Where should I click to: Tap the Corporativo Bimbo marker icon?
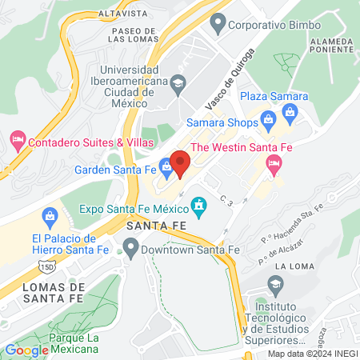click(x=216, y=25)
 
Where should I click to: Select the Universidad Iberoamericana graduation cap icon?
click(x=178, y=81)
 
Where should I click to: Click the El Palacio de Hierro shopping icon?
click(x=50, y=215)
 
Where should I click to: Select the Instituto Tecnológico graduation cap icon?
click(x=274, y=284)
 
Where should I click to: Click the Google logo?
click(x=26, y=350)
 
